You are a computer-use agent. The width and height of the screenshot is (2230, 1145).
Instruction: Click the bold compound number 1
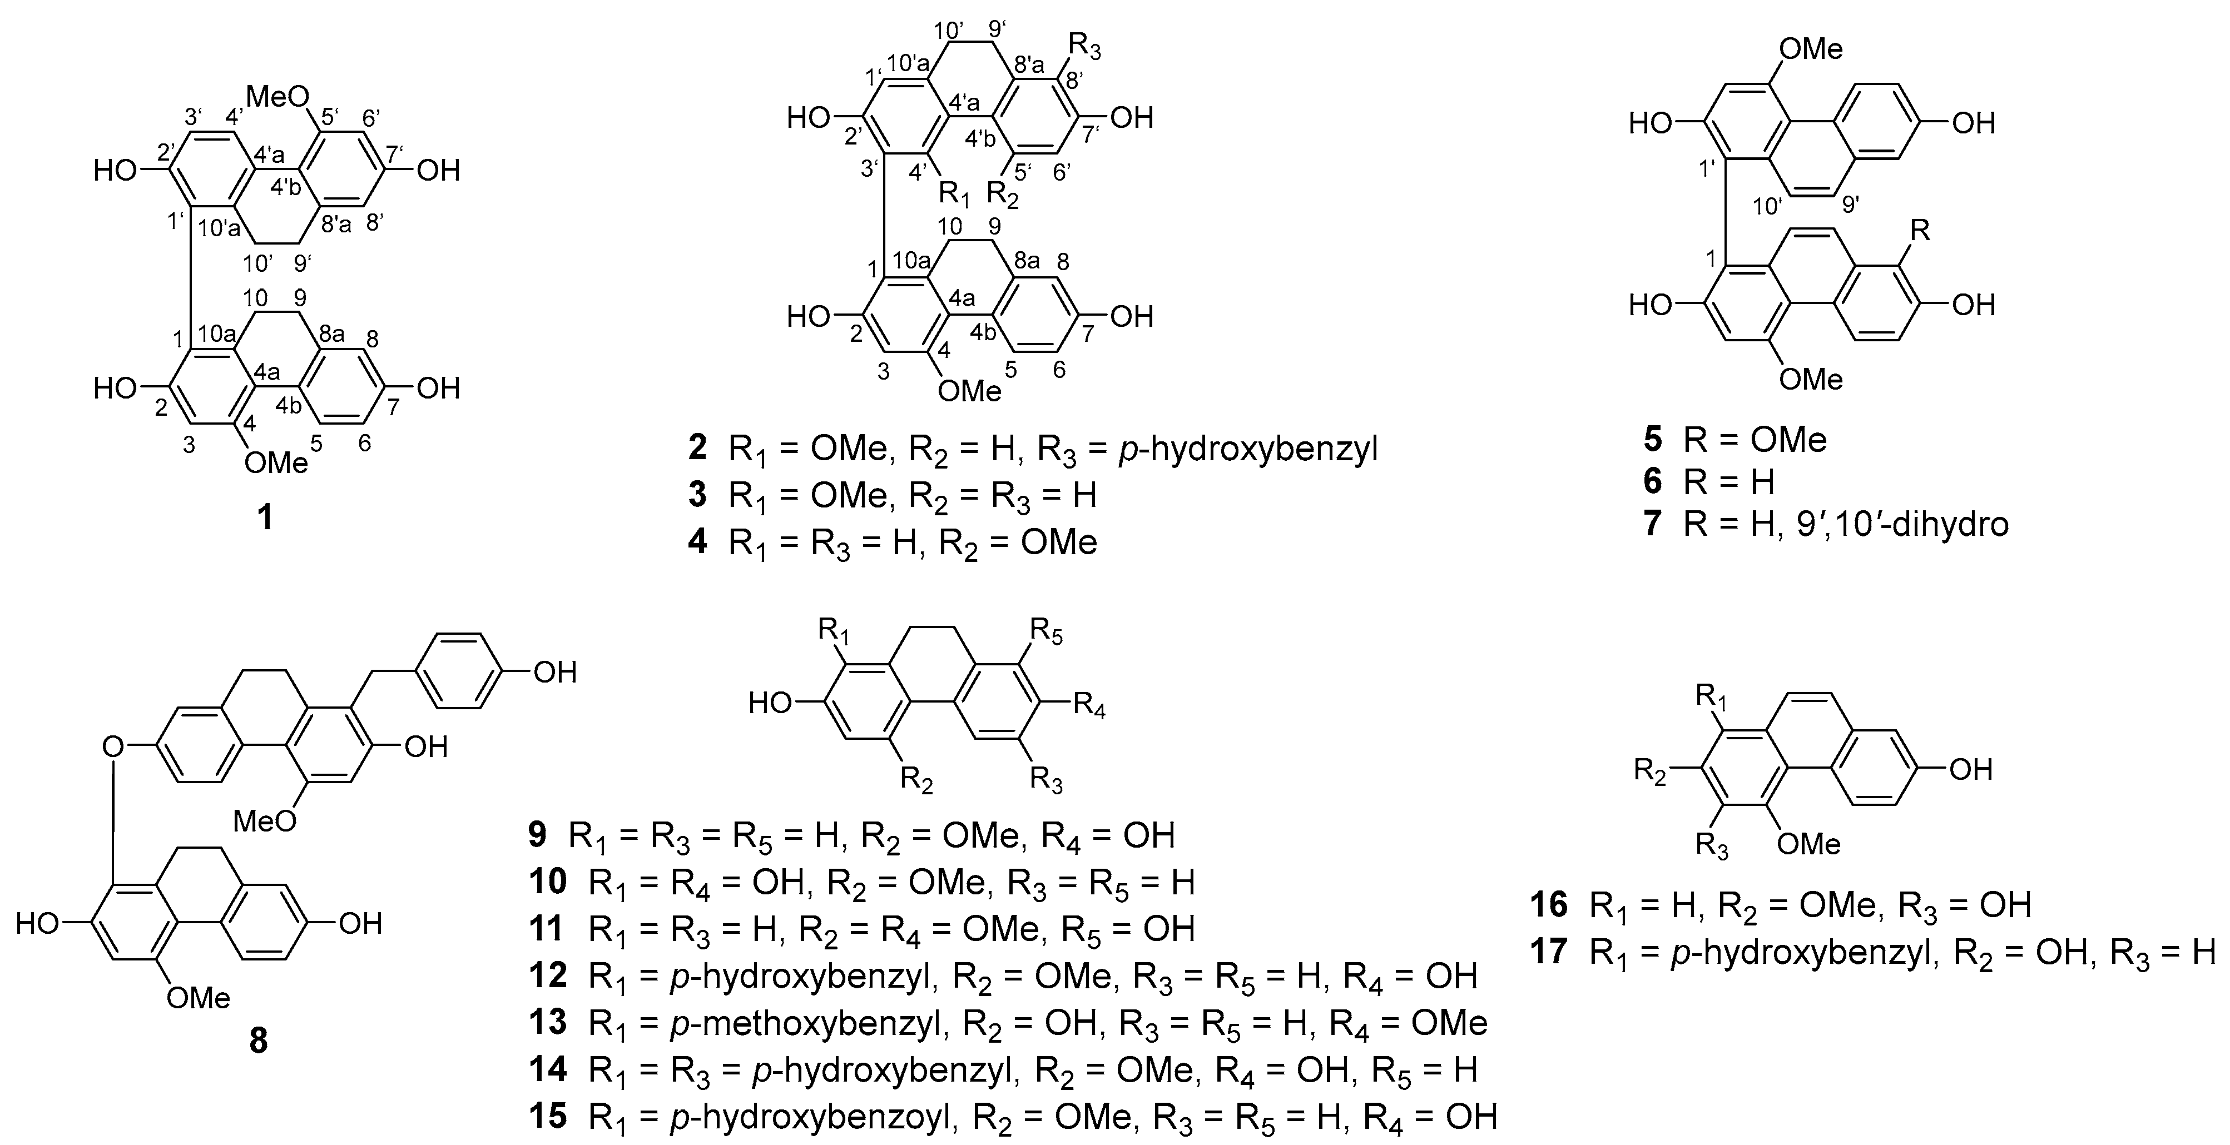(x=265, y=517)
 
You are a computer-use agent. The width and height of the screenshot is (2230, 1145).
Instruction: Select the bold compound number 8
(x=259, y=1041)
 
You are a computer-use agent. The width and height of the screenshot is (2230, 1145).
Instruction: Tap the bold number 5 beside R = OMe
(x=1653, y=440)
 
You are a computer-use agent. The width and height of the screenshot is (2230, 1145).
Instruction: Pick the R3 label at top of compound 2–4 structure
(x=1087, y=43)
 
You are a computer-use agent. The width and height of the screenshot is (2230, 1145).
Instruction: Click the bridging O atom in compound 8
(x=112, y=746)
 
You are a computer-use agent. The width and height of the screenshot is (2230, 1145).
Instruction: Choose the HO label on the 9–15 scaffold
(x=770, y=704)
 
